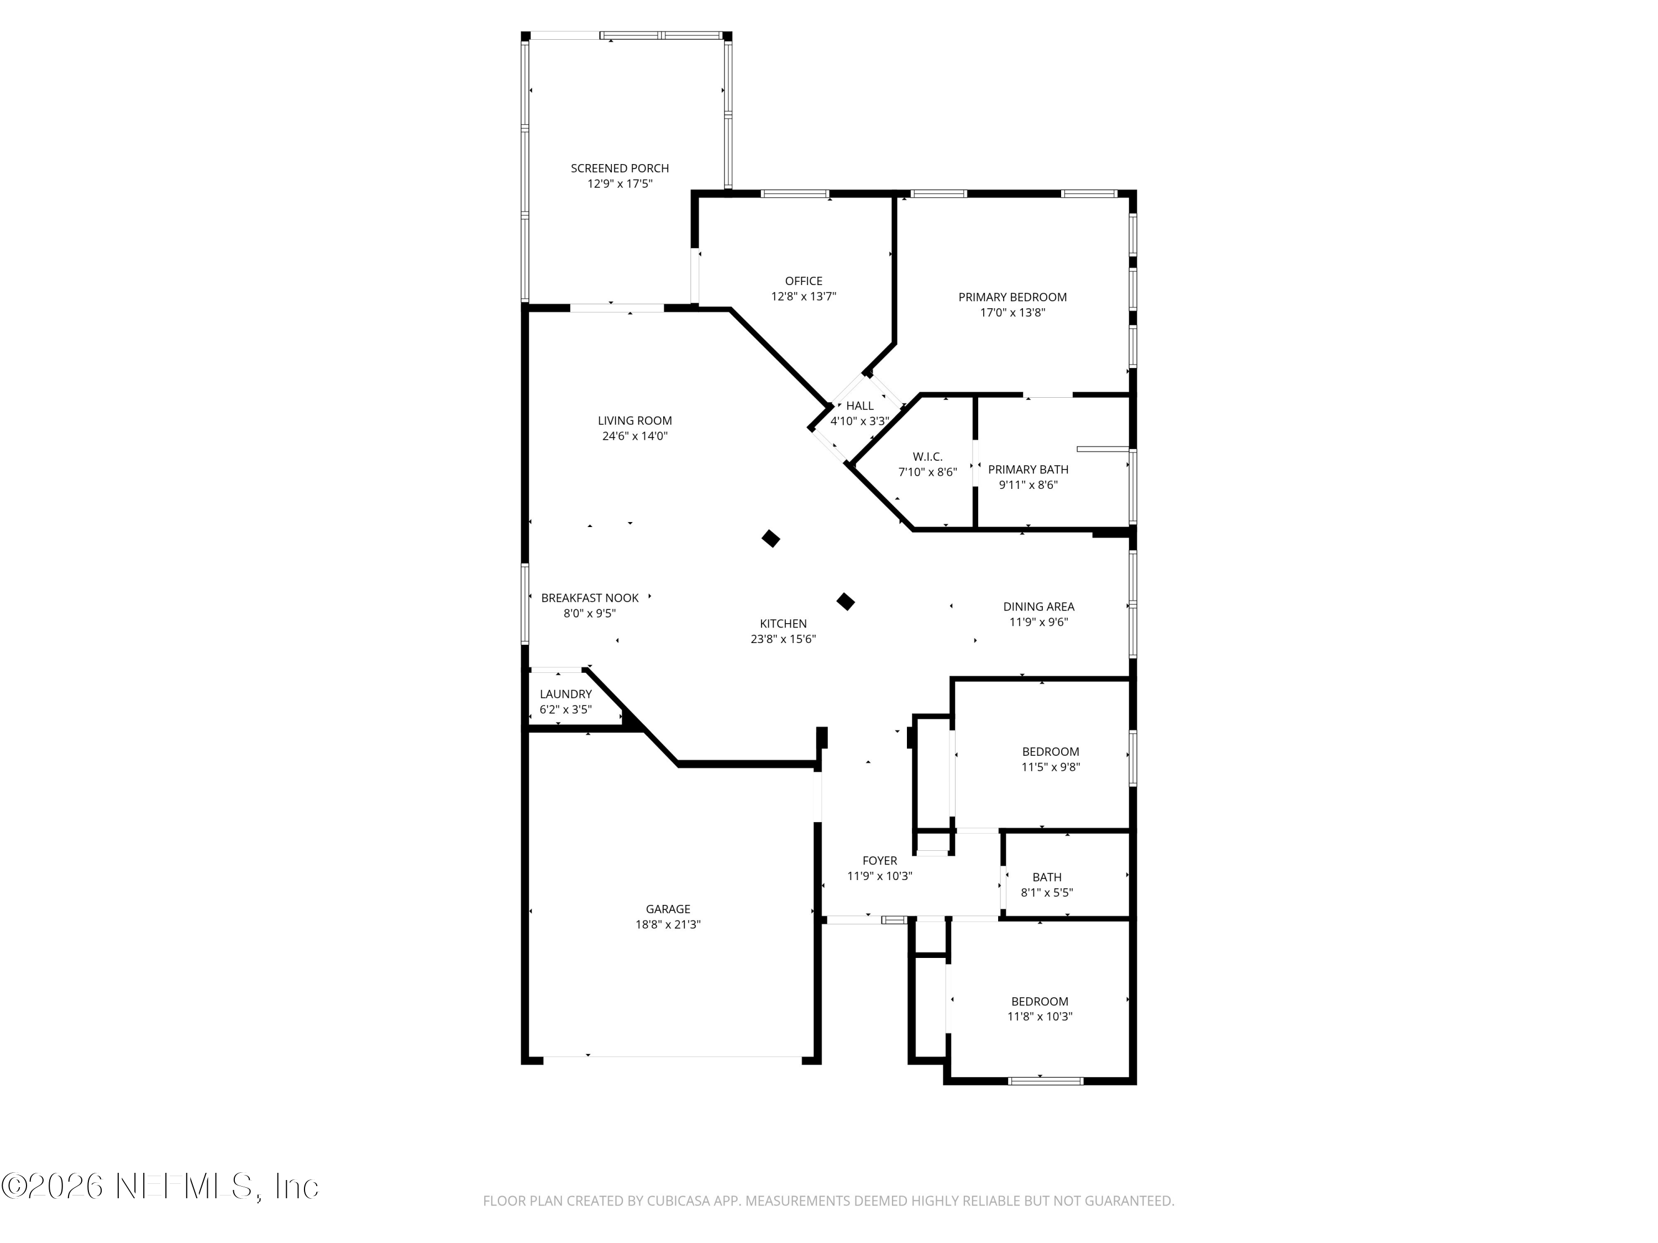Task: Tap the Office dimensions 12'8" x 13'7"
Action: point(804,297)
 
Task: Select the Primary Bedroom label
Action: point(1012,297)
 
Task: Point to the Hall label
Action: point(860,406)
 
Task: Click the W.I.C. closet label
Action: point(927,457)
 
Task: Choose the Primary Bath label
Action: point(1027,470)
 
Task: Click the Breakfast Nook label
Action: point(590,598)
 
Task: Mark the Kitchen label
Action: point(783,623)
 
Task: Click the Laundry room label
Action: point(565,694)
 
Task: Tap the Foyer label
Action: point(879,861)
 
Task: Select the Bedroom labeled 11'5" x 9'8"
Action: point(1050,751)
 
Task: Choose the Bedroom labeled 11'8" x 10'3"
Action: point(1039,1002)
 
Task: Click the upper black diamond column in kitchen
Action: point(770,539)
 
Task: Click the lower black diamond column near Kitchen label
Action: point(846,601)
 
